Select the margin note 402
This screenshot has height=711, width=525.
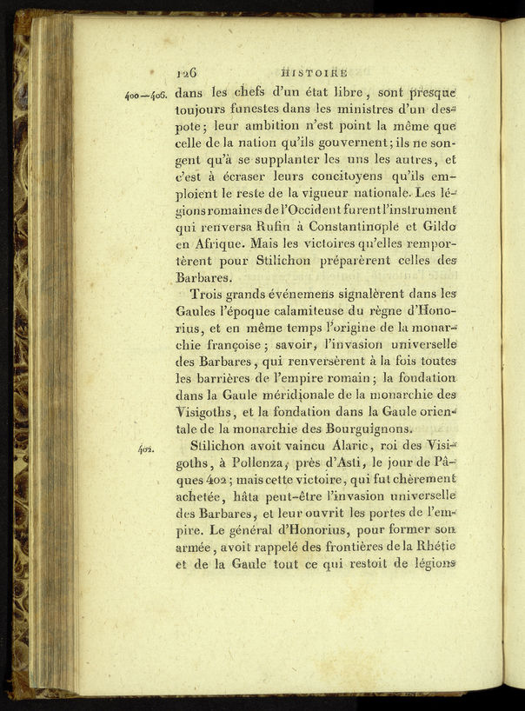coord(145,449)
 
